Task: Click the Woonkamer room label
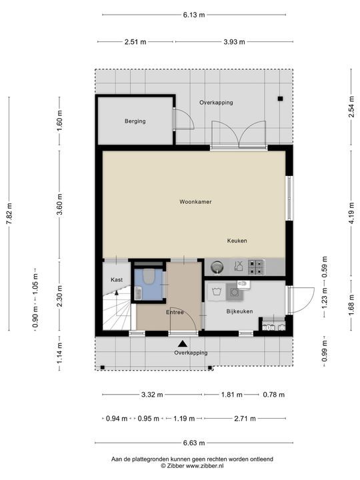(195, 201)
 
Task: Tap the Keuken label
(237, 241)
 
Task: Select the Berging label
(134, 121)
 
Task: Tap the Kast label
(117, 281)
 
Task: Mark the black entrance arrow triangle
(182, 343)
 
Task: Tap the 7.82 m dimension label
(9, 213)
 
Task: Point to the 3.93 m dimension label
(233, 41)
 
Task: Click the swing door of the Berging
(183, 119)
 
